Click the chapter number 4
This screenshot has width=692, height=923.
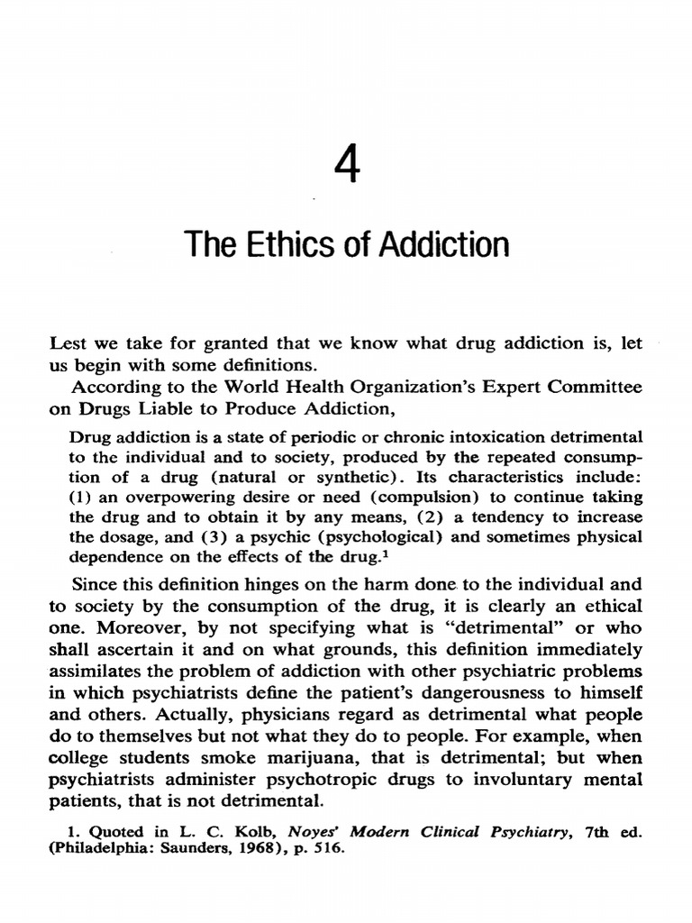point(347,168)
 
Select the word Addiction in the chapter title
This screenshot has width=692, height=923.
point(444,244)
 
